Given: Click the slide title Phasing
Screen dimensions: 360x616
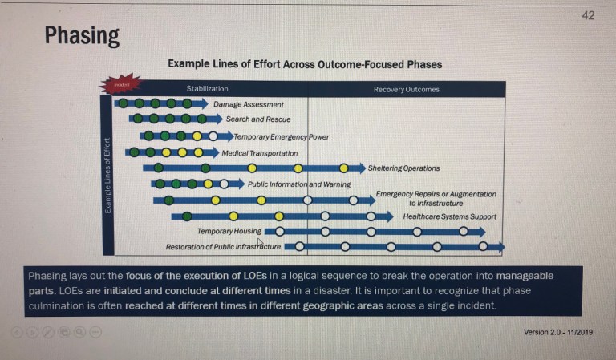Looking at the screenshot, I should point(82,36).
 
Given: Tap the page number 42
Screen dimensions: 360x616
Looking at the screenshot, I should point(588,15).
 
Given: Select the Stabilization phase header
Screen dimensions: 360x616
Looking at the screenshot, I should point(207,89).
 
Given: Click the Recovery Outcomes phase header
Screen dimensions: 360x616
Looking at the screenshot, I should point(406,89).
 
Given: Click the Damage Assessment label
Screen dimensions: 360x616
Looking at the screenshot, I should point(248,104).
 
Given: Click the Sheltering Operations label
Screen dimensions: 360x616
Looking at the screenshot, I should point(403,168).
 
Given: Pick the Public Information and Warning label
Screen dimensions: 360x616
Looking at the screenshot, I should point(298,184).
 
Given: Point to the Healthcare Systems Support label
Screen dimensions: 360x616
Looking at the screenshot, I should point(449,216).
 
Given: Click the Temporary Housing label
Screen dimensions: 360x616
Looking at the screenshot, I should point(229,232).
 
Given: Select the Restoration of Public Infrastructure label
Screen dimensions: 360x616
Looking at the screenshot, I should point(223,247).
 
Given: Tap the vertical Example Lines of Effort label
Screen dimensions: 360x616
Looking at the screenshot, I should point(107,176).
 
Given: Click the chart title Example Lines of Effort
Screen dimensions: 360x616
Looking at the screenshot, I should point(304,64).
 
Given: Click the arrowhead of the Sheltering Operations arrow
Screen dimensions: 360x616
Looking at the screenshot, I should point(360,168).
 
